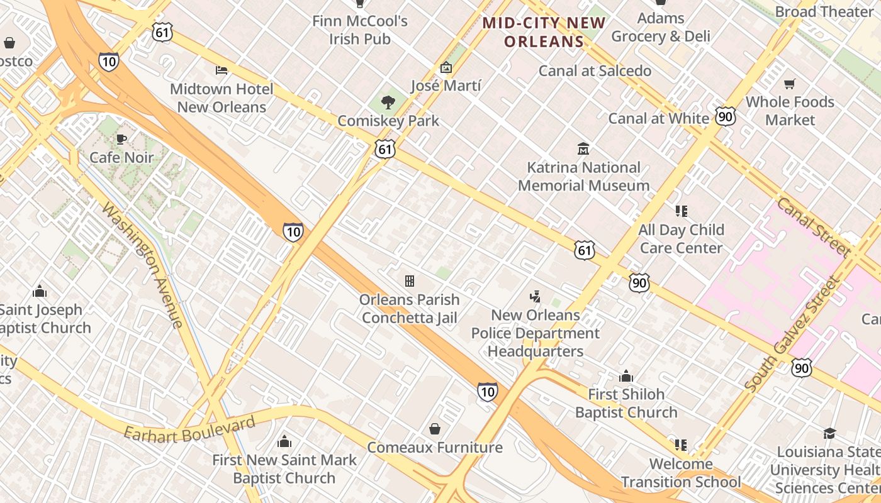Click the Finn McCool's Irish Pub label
(360, 30)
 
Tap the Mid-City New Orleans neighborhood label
(544, 33)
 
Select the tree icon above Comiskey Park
(388, 102)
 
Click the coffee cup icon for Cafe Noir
(121, 139)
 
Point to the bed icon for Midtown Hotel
(222, 70)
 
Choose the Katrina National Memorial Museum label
(583, 177)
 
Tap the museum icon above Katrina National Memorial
(583, 149)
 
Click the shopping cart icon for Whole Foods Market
(790, 84)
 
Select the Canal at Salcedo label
(595, 71)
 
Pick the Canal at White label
(658, 118)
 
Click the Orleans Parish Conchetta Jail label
(410, 309)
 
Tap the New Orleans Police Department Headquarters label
(536, 333)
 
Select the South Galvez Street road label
(792, 334)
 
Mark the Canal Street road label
(814, 227)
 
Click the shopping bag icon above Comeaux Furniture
(434, 429)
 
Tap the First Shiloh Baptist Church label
(626, 403)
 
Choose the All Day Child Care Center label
(681, 239)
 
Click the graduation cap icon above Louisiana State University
(829, 433)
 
